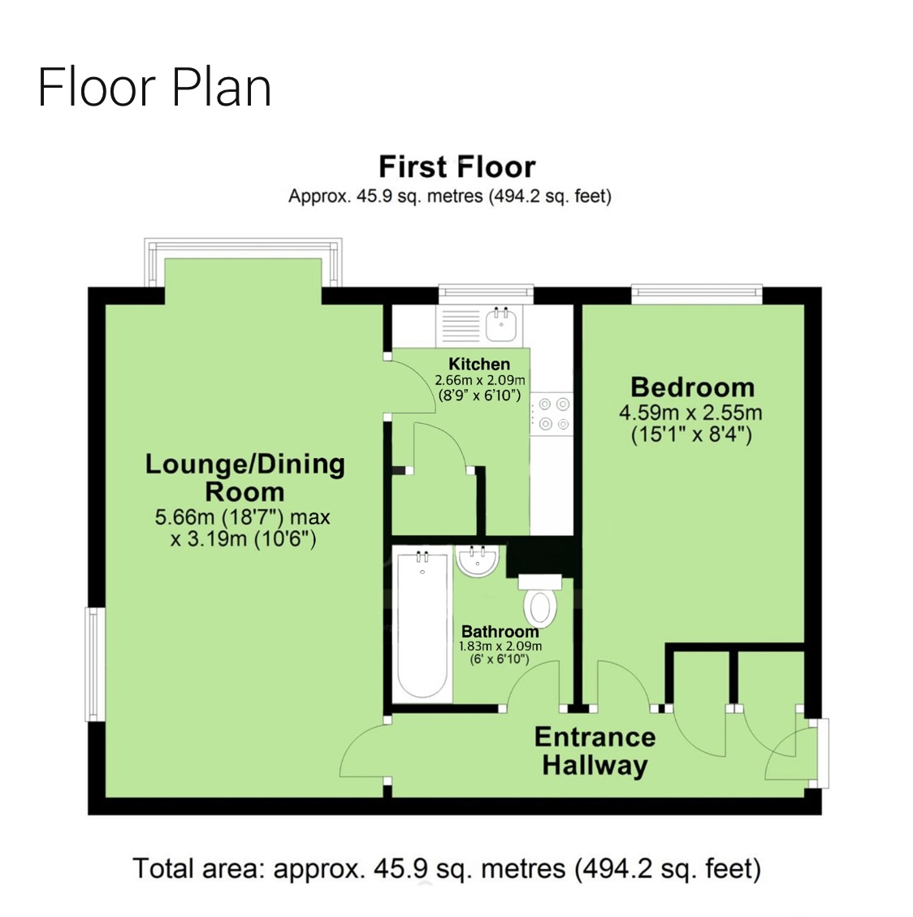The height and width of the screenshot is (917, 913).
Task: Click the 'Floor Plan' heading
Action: click(154, 87)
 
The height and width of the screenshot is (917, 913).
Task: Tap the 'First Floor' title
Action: click(456, 167)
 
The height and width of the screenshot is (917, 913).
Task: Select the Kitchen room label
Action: click(479, 364)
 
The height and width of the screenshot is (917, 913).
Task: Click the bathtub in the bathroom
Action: click(422, 624)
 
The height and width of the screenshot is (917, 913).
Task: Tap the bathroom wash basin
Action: click(477, 560)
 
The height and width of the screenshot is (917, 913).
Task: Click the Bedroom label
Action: click(692, 387)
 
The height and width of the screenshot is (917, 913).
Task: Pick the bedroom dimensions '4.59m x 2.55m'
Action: click(690, 412)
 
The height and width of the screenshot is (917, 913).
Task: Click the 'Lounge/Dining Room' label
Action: click(244, 478)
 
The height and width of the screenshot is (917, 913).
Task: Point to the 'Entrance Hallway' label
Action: click(595, 750)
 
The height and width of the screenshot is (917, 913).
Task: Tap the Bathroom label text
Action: click(500, 631)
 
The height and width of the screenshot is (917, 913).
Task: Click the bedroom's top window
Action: click(697, 293)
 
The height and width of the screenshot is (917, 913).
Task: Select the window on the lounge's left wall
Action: click(95, 664)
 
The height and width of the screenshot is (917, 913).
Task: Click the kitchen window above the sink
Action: click(486, 293)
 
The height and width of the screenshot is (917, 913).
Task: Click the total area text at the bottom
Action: click(447, 868)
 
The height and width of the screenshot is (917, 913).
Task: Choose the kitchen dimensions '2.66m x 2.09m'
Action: click(480, 380)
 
